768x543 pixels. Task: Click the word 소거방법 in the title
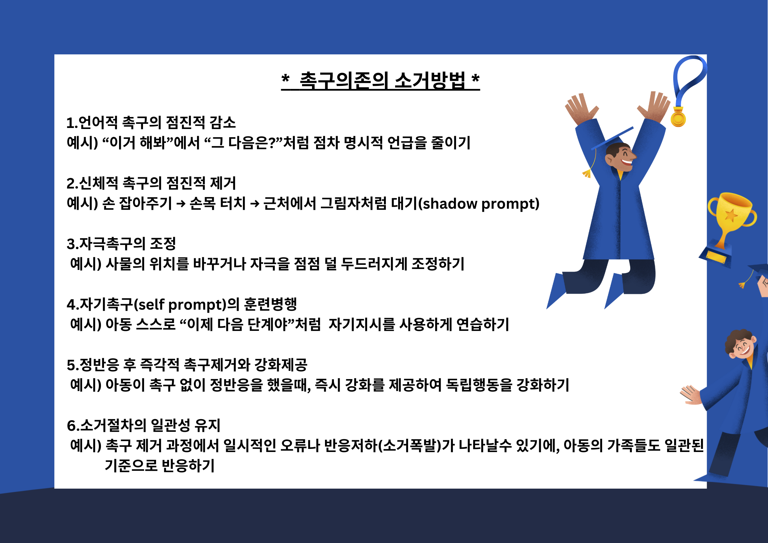pos(430,81)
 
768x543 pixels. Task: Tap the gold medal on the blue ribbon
pos(678,117)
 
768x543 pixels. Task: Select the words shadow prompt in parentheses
pos(481,204)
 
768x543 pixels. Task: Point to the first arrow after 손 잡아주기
pos(181,204)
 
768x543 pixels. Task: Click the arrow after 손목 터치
pos(255,204)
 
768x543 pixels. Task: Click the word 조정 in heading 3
pos(163,244)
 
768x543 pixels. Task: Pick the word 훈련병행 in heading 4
pos(270,304)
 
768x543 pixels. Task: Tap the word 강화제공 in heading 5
pos(281,365)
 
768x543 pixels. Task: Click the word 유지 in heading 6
pos(207,425)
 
